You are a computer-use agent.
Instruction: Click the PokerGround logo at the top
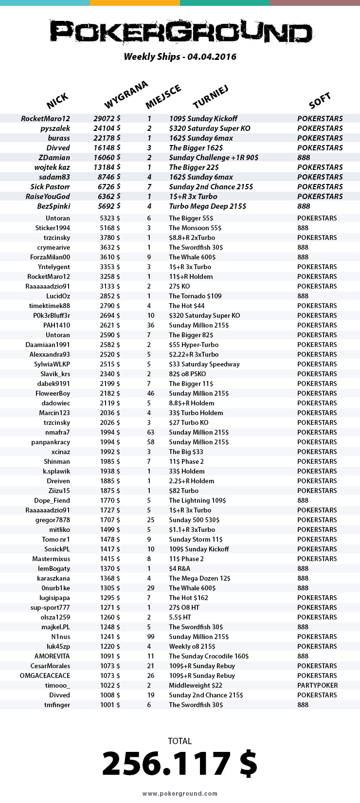180,33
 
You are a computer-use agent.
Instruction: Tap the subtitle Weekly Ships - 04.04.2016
180,57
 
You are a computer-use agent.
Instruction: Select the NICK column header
57,101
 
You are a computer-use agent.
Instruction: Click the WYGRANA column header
126,95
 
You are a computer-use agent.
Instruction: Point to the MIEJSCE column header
163,96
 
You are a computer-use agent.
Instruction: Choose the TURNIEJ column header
210,97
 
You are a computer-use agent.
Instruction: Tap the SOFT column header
320,101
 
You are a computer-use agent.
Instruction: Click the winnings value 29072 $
107,119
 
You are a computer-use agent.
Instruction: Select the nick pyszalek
55,128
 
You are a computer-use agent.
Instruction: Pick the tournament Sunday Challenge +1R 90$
214,158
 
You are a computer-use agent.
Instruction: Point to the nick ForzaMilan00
50,257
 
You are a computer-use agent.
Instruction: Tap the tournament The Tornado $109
195,296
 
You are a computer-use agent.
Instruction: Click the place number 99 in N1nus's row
151,637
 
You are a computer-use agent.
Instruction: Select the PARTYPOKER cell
317,685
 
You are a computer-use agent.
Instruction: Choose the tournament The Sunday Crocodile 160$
209,656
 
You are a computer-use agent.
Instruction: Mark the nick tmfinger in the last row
57,705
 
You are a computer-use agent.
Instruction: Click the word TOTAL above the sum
180,741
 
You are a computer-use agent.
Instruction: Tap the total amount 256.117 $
180,763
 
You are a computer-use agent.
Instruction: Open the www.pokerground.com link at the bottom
180,794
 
